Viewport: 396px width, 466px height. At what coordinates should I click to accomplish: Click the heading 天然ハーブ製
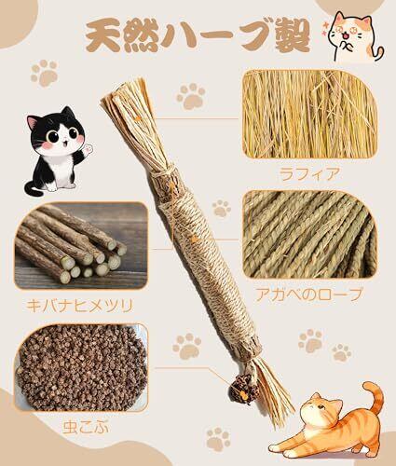[x=198, y=35]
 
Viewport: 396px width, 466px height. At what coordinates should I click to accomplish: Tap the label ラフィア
[x=307, y=174]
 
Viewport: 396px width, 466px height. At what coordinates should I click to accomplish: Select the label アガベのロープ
[x=308, y=295]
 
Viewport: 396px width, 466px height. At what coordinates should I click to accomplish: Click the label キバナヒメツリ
[x=79, y=306]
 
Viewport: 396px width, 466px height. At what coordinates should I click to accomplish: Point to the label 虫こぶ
[x=86, y=427]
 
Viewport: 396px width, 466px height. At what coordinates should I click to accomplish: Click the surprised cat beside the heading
[x=355, y=37]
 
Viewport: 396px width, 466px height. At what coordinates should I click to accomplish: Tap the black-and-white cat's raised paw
[x=88, y=150]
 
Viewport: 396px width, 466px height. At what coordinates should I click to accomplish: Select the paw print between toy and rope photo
[x=222, y=208]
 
